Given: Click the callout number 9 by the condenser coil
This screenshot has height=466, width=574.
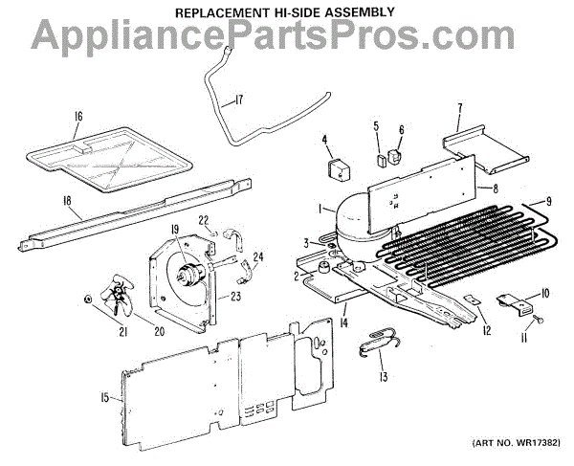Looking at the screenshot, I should point(550,201).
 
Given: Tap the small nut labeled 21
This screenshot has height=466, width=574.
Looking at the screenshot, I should point(89,299).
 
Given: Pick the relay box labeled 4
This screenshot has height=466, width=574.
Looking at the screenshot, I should point(338,171).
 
